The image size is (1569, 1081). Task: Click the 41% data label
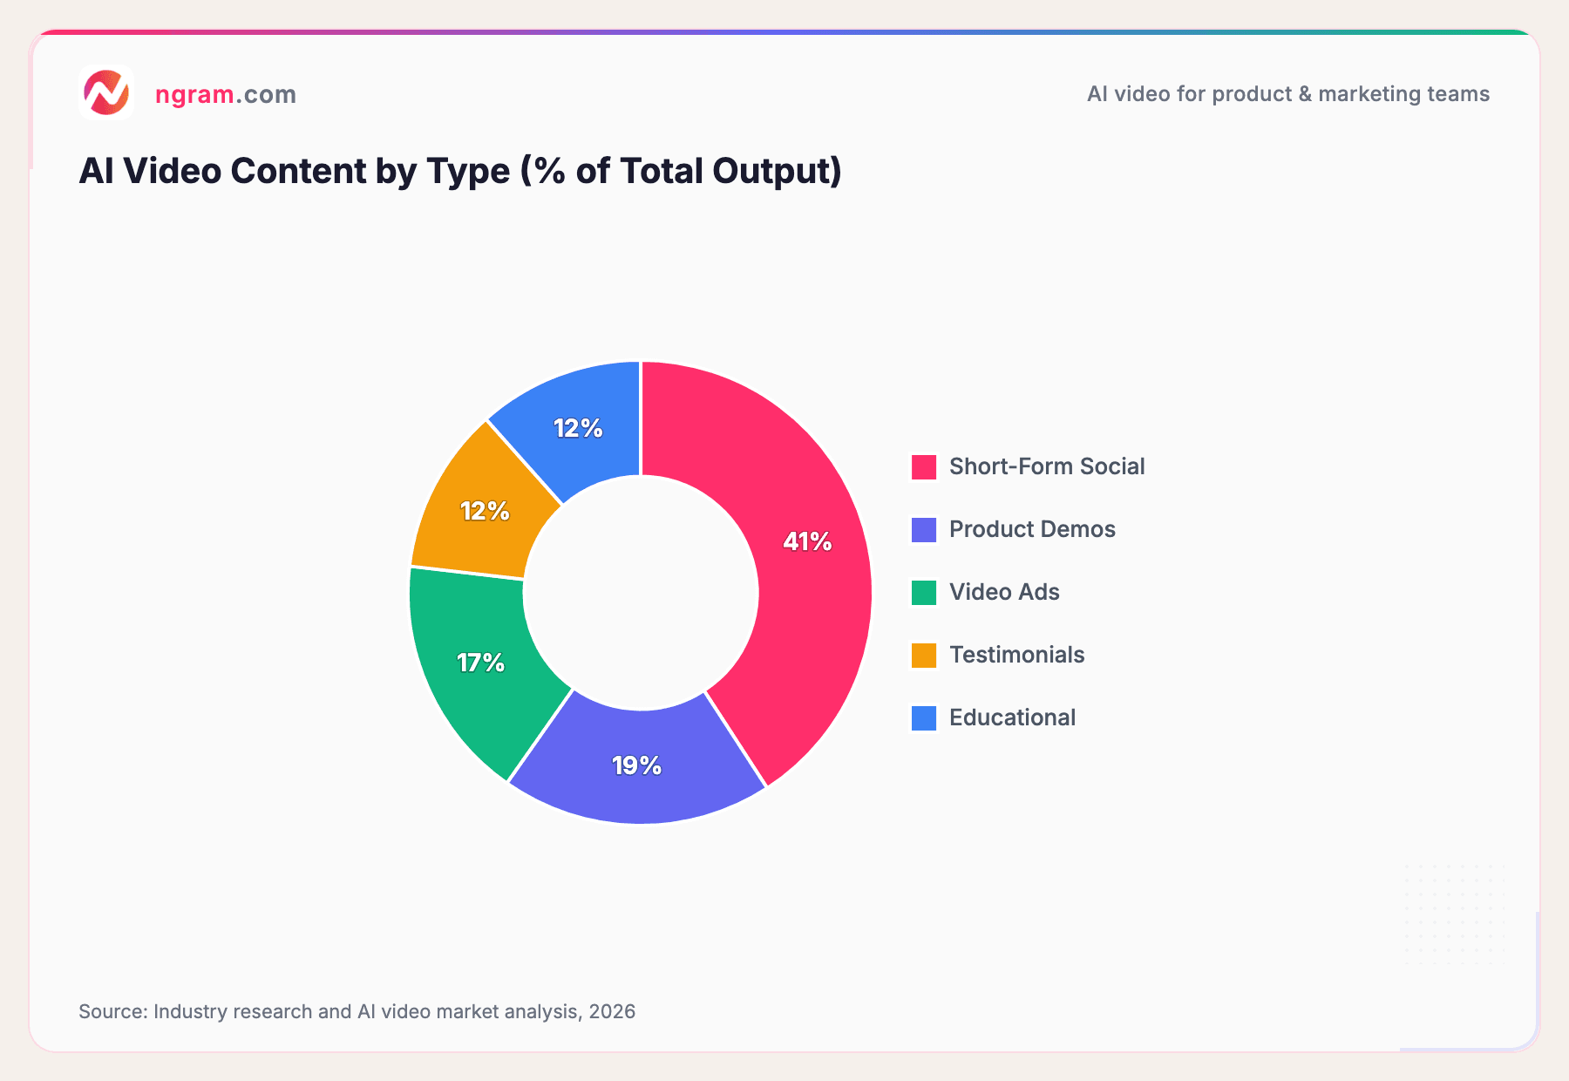pos(807,542)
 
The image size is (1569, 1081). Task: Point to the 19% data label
pos(636,766)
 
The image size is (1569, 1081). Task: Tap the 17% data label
pos(481,663)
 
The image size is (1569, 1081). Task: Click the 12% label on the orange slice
pos(485,511)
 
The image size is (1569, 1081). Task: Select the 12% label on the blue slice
pos(578,428)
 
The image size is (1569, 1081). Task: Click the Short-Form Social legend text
pos(1046,466)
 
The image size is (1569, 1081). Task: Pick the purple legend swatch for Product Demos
pos(924,530)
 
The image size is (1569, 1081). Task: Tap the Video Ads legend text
pos(1004,592)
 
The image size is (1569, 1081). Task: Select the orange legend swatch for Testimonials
pos(924,656)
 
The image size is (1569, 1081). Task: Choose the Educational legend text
pos(1012,717)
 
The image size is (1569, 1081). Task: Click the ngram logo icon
pos(105,92)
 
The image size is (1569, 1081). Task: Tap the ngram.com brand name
pos(226,94)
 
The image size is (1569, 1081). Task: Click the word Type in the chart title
pos(468,171)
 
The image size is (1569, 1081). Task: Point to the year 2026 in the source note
pos(612,1011)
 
